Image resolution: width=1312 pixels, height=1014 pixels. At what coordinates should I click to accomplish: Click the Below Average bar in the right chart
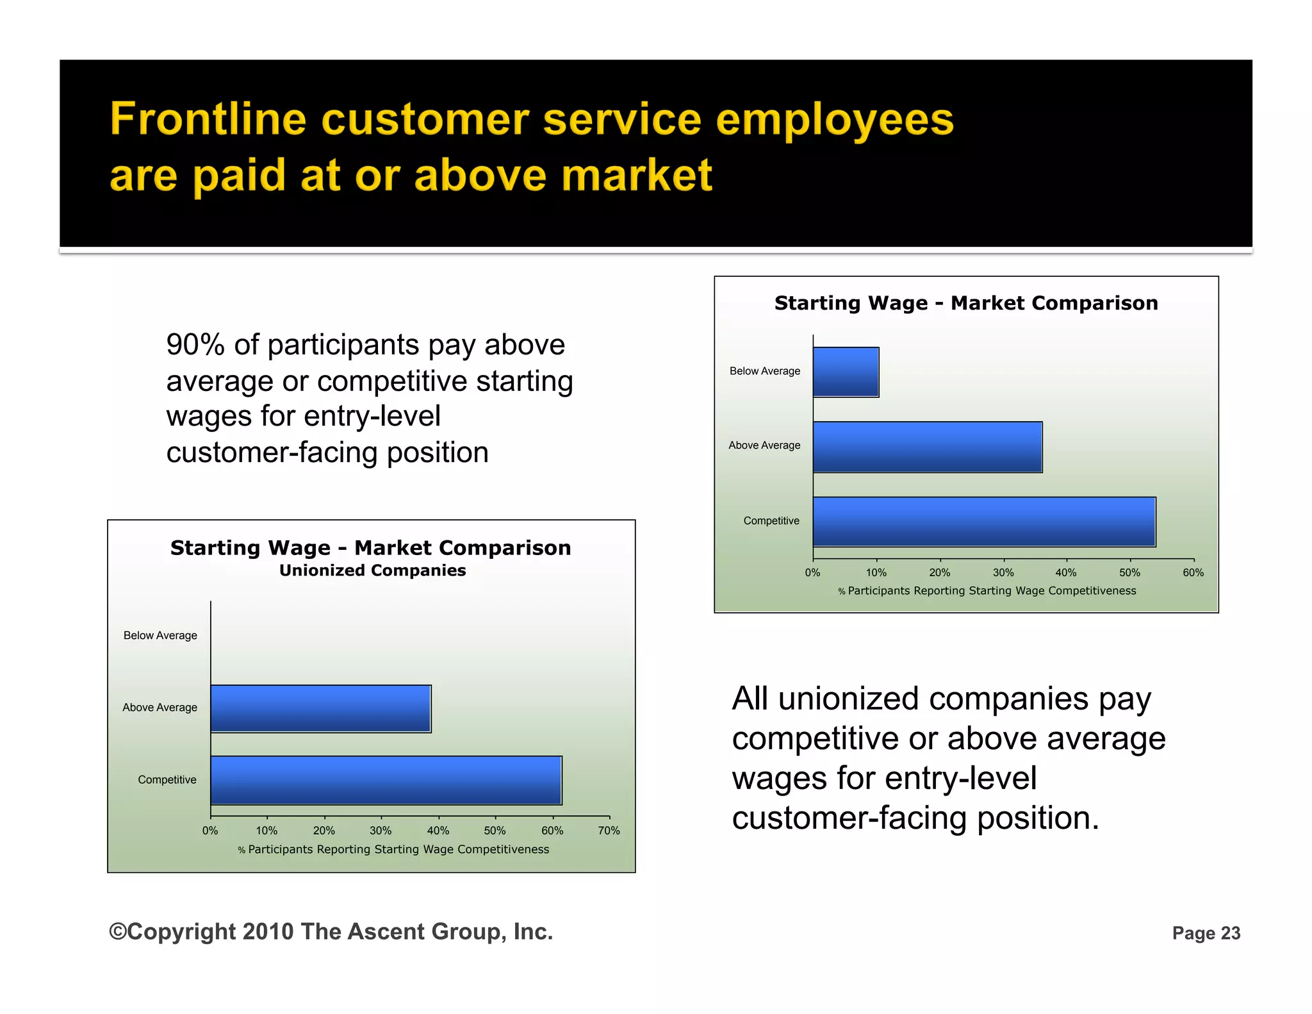coord(846,372)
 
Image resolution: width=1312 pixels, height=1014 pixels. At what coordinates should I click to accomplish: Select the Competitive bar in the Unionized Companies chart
coord(386,780)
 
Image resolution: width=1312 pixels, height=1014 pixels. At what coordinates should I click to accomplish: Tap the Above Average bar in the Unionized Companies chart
coord(320,708)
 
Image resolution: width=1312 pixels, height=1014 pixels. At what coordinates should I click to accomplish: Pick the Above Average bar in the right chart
coord(927,447)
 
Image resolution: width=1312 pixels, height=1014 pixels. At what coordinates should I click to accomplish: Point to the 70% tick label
coord(609,831)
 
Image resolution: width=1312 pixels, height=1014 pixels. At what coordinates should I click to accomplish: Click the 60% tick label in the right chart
coord(1193,572)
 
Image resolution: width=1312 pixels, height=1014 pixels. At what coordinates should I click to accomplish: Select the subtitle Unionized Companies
coord(372,570)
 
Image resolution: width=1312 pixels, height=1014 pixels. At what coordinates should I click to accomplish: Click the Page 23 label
coord(1206,933)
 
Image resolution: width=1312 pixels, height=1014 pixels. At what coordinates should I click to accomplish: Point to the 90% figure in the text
coord(195,345)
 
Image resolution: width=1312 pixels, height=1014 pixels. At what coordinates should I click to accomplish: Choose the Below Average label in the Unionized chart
coord(160,635)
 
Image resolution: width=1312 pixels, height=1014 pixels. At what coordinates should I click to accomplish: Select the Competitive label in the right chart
coord(771,520)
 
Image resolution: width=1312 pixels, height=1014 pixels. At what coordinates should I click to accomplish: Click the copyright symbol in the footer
coord(118,931)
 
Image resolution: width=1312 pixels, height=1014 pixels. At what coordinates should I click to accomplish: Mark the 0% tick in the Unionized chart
coord(210,831)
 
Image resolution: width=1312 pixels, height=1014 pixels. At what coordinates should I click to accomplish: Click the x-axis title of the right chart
coord(987,590)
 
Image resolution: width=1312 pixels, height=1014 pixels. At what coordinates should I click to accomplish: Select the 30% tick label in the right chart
coord(1003,572)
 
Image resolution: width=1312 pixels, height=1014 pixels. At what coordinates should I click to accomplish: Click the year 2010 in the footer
coord(268,931)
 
